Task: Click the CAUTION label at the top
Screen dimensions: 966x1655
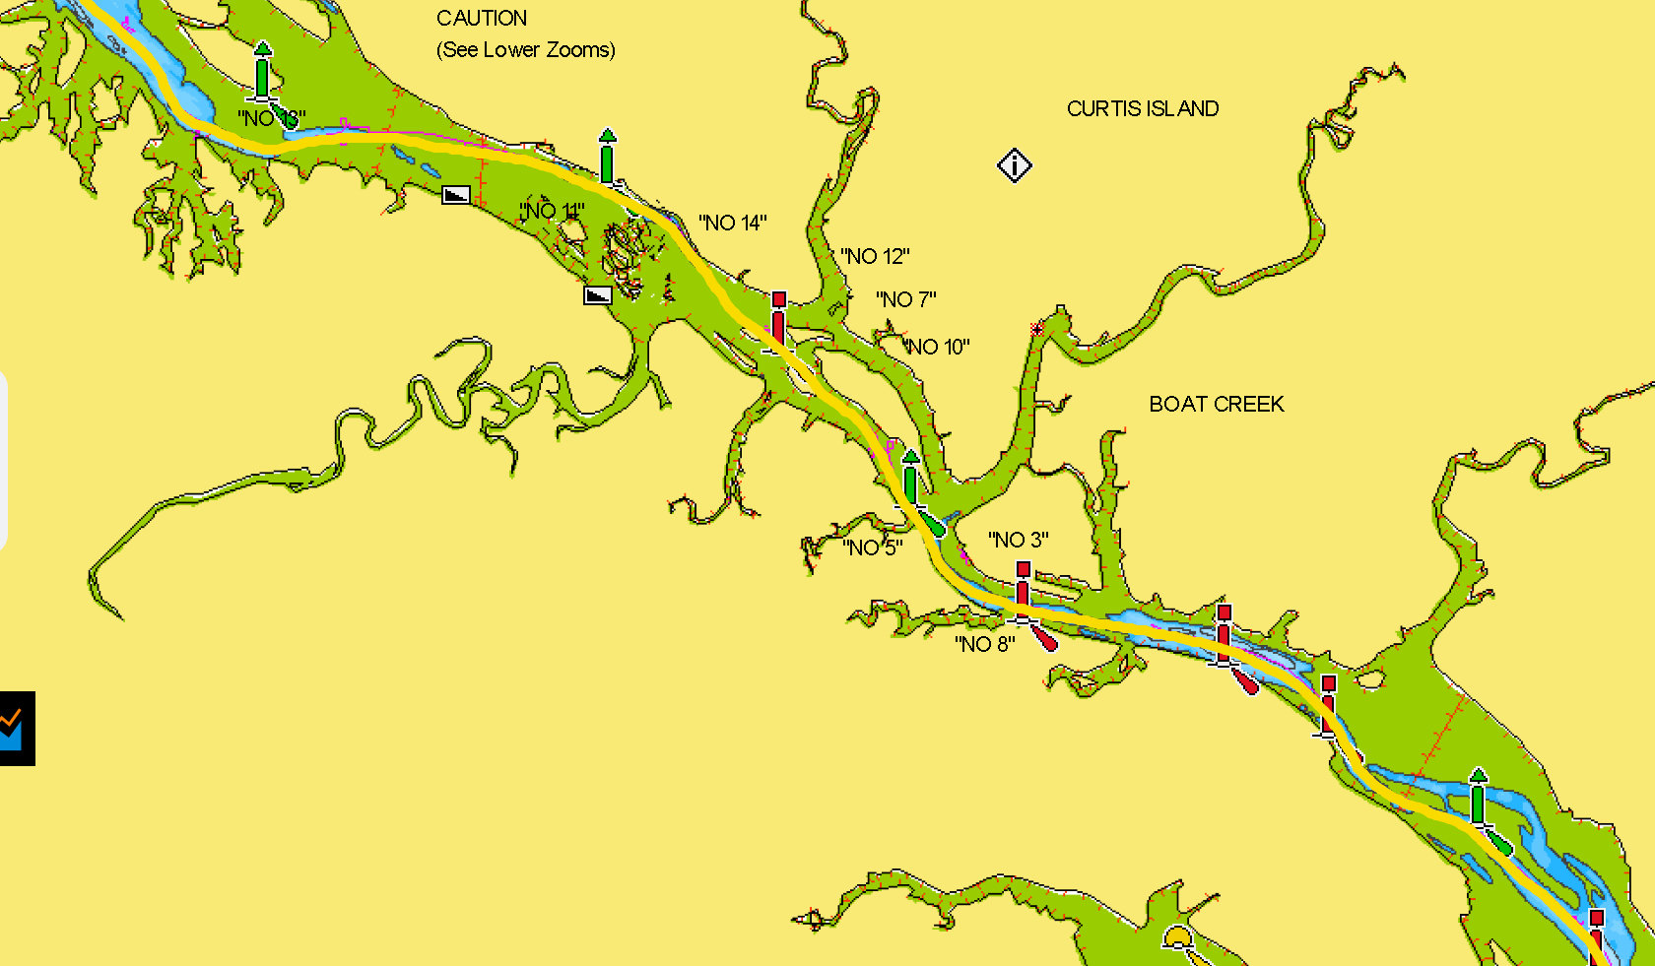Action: click(481, 19)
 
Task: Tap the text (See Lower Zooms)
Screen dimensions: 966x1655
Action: click(525, 50)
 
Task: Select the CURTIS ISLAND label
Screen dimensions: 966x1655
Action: click(1143, 108)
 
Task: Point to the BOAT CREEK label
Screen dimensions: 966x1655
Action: click(1217, 404)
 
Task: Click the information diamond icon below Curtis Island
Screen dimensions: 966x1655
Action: click(1014, 165)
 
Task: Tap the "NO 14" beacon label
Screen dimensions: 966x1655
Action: click(732, 224)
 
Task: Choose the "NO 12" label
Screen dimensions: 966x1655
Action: click(875, 257)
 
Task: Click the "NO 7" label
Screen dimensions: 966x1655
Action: click(905, 299)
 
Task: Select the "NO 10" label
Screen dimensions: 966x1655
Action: click(937, 347)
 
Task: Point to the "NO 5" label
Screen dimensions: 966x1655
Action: click(872, 548)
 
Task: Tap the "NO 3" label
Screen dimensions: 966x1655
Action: click(1018, 540)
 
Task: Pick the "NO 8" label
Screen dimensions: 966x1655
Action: click(984, 644)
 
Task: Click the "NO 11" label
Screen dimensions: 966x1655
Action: click(552, 211)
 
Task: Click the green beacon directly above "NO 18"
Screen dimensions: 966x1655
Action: click(262, 72)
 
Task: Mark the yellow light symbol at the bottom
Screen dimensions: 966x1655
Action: click(1178, 937)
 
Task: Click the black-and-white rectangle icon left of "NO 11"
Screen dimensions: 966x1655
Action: click(455, 194)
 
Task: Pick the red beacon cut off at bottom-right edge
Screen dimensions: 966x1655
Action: click(1596, 935)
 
